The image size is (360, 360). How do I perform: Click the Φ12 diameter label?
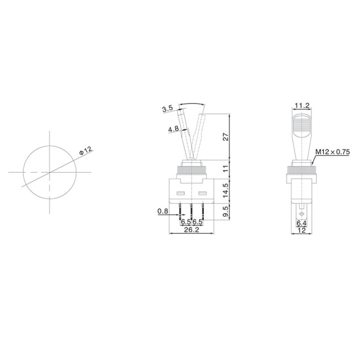(86, 150)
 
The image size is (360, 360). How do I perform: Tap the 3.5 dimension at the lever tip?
(167, 109)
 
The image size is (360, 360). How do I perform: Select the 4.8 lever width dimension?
(173, 130)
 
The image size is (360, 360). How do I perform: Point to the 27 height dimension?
(225, 138)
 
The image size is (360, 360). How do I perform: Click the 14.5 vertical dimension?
(225, 190)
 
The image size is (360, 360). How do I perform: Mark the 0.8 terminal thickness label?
(162, 211)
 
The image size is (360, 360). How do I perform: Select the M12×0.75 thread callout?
(332, 152)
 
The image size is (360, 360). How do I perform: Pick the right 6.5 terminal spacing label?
(197, 222)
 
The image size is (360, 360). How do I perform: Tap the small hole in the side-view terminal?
(301, 213)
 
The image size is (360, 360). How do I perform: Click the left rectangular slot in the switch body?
(181, 194)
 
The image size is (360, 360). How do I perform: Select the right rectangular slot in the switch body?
(202, 194)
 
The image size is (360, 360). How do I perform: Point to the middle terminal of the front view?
(192, 210)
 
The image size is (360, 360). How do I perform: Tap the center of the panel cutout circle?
(49, 173)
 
